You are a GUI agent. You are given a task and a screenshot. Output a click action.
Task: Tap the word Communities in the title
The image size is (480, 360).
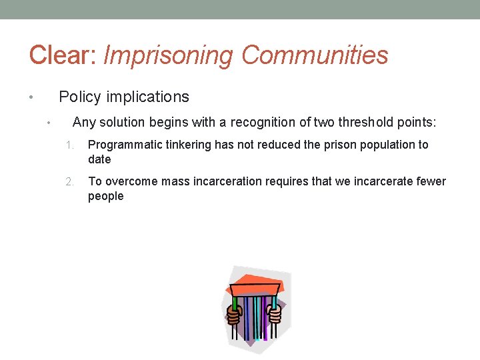315,55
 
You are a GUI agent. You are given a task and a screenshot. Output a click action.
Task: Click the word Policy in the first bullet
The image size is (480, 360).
79,97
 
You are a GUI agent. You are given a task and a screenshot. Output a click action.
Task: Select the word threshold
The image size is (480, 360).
366,123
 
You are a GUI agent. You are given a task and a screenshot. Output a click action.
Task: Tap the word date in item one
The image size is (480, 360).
99,160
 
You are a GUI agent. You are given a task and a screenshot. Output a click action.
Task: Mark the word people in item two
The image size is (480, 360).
105,197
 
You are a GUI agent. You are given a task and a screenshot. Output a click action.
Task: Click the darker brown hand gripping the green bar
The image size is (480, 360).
233,313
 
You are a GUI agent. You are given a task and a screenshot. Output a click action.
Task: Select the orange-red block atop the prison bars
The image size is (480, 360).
254,288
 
